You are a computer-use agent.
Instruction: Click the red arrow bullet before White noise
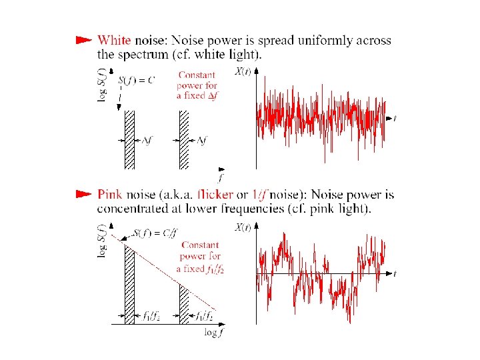point(83,40)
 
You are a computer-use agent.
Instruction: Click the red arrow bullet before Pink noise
point(83,195)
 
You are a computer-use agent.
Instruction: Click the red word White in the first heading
point(113,41)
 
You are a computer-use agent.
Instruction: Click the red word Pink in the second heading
point(109,195)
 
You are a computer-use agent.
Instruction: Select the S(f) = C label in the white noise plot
point(137,80)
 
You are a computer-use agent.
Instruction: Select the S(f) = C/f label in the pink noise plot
point(155,233)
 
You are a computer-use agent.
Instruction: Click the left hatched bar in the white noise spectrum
point(129,139)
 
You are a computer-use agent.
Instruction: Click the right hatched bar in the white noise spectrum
point(184,139)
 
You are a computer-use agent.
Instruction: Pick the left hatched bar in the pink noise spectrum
point(129,283)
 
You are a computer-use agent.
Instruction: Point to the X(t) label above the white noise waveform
point(243,71)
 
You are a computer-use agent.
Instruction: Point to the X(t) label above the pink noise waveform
point(243,227)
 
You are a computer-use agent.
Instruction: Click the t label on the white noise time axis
point(395,119)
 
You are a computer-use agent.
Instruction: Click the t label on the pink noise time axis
point(395,274)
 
